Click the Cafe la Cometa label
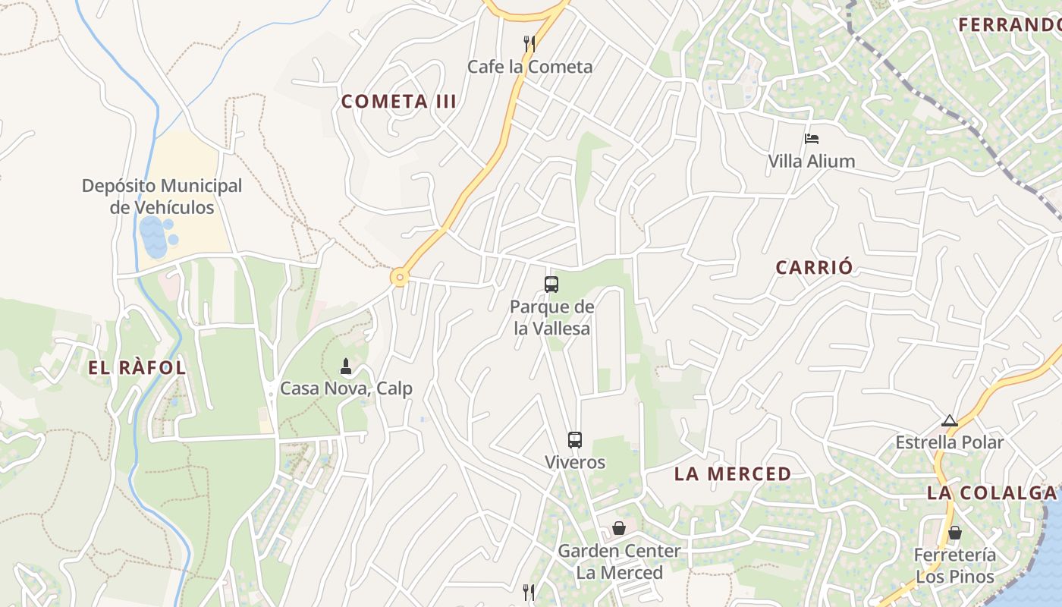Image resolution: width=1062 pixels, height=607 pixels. click(529, 67)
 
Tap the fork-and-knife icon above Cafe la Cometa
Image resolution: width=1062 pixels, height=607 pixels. click(529, 43)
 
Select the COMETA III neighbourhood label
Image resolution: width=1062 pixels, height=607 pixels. click(399, 102)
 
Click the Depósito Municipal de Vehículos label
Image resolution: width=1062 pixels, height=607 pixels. click(162, 197)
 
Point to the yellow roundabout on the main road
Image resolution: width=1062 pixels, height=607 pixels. click(399, 277)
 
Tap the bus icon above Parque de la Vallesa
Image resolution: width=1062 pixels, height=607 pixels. click(551, 285)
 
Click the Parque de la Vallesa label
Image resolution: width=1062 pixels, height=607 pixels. click(551, 318)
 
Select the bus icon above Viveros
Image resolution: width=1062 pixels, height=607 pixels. click(575, 439)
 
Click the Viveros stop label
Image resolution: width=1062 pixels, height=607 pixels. click(575, 462)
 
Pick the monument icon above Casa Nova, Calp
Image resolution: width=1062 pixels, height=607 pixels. click(346, 367)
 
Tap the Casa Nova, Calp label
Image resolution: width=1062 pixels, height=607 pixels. click(346, 388)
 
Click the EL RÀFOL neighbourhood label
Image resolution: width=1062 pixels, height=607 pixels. click(137, 369)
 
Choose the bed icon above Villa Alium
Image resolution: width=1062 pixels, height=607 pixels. click(812, 139)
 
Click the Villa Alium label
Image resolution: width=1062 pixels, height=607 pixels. click(812, 161)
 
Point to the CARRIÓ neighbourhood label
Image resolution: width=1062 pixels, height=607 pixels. click(814, 268)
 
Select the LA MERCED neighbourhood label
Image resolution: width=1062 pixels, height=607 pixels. click(733, 474)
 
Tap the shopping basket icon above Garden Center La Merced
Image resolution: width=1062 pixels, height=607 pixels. click(619, 528)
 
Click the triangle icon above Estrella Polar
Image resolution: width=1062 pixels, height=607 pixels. click(949, 420)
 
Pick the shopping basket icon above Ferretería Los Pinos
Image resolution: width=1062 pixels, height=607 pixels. click(954, 533)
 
